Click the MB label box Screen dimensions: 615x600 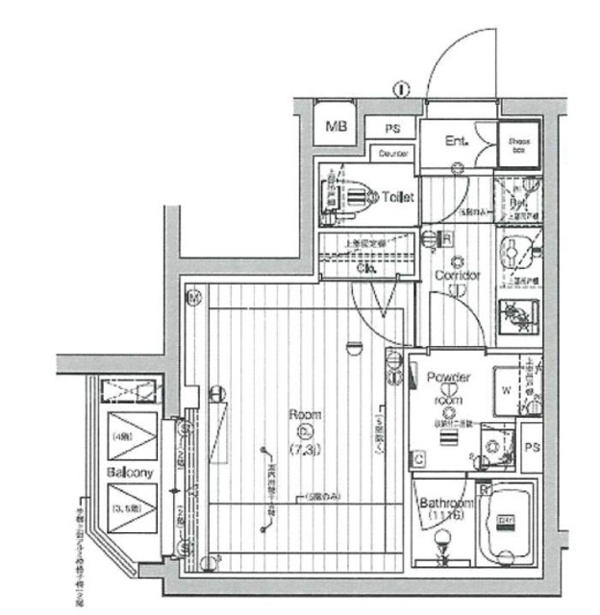click(336, 126)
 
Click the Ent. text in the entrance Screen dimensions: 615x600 click(456, 141)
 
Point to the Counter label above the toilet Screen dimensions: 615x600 click(393, 153)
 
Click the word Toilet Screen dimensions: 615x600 click(397, 197)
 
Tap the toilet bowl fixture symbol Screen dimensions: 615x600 click(355, 197)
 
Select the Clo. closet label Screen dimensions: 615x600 click(367, 269)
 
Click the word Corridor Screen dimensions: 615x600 click(457, 276)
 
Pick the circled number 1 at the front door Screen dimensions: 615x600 click(400, 90)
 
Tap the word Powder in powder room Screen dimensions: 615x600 click(447, 378)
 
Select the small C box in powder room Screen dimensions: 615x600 click(420, 458)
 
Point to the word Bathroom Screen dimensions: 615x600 click(446, 504)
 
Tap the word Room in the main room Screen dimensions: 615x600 click(305, 415)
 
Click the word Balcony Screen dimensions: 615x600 click(130, 473)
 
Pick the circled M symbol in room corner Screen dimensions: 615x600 click(193, 298)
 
